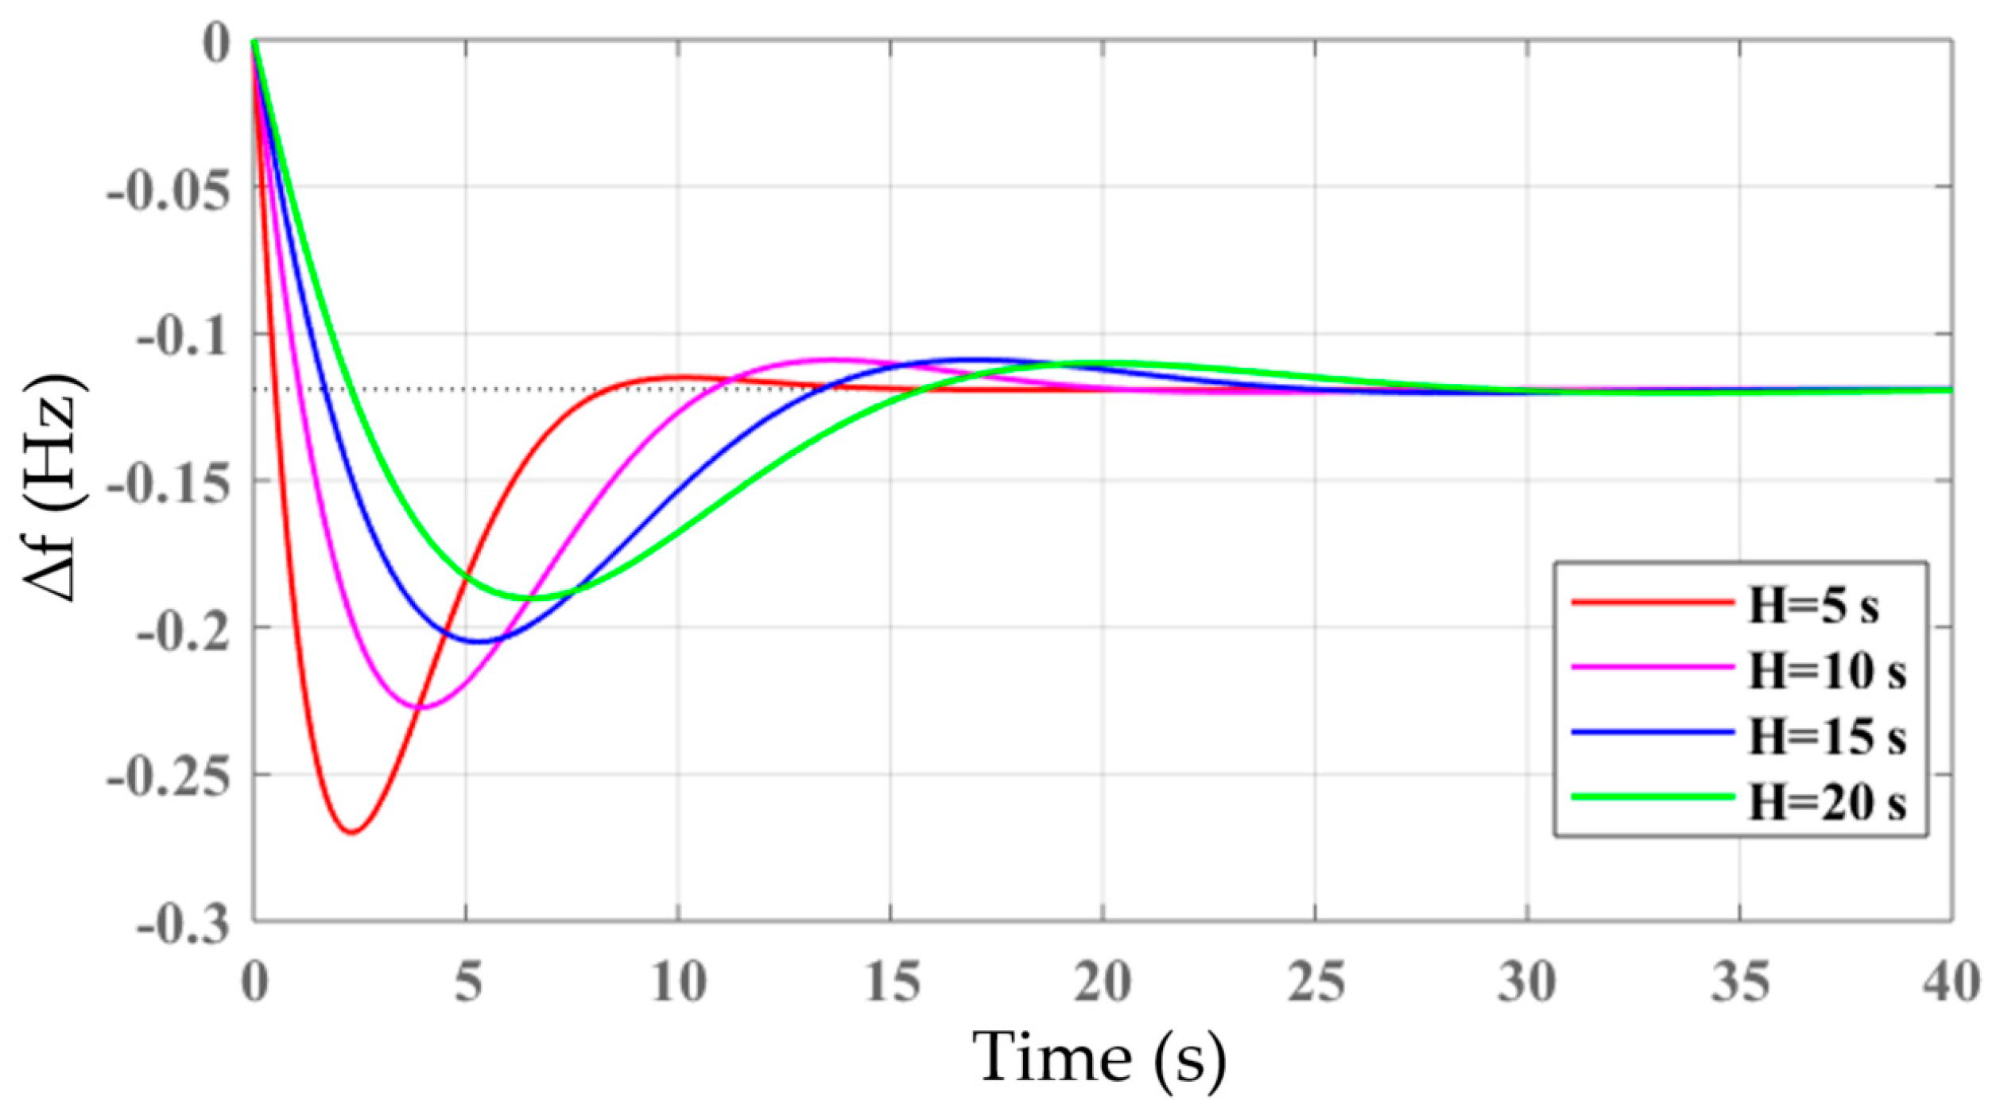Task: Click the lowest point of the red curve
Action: [x=352, y=832]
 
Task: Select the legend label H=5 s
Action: [x=1813, y=606]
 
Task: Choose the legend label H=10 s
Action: [x=1827, y=672]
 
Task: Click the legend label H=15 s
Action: [x=1827, y=738]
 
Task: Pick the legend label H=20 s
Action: [x=1827, y=804]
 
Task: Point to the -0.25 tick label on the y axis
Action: [x=169, y=777]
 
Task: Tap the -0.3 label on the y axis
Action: [x=184, y=924]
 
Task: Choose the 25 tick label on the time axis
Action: [x=1316, y=982]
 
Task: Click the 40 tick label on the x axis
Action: [x=1952, y=982]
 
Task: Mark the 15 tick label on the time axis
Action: [x=891, y=982]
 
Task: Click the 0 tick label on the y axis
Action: [x=216, y=43]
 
